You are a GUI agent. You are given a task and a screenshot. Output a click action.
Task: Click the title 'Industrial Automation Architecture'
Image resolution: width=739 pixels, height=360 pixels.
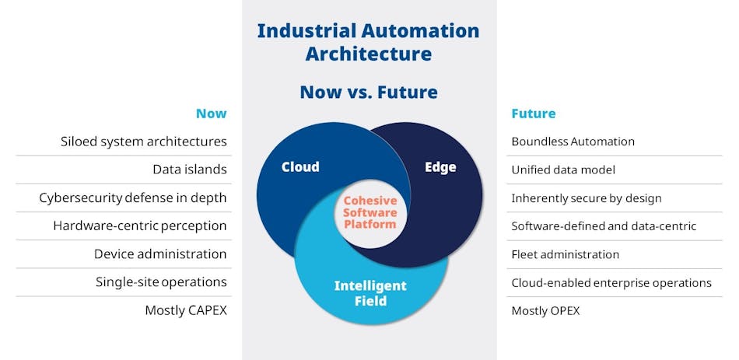pos(369,42)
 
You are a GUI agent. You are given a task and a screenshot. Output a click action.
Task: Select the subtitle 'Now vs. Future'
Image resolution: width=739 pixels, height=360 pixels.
pos(369,93)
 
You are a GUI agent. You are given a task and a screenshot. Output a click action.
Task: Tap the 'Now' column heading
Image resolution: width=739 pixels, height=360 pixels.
pos(211,114)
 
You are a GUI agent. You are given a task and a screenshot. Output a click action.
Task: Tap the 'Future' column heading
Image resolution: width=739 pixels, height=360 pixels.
pos(533,114)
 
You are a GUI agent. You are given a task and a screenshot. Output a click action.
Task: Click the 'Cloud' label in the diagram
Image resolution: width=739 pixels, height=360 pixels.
pos(300,166)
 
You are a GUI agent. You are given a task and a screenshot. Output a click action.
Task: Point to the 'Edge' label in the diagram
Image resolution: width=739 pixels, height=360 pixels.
pos(440,166)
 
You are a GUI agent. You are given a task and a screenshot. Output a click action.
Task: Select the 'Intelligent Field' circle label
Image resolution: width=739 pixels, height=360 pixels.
pos(370,293)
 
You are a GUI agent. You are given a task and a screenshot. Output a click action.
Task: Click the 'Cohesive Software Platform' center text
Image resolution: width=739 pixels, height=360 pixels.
pos(370,212)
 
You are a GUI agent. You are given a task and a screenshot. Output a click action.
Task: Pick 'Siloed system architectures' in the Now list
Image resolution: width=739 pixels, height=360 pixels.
pos(144,142)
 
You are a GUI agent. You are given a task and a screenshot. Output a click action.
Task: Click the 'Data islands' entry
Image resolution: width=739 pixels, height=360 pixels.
pos(189,170)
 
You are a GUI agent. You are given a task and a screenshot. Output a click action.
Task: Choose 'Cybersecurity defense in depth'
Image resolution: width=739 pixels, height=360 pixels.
pos(133,197)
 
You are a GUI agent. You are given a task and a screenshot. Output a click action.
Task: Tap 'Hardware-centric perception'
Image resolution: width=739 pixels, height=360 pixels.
pos(140,226)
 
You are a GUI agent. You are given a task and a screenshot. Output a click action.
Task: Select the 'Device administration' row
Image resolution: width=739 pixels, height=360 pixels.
pos(160,254)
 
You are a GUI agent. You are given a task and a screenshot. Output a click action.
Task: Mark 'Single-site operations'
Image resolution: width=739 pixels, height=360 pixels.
pos(161,282)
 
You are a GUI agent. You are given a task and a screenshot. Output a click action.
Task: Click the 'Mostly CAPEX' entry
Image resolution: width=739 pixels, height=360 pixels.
pos(186,310)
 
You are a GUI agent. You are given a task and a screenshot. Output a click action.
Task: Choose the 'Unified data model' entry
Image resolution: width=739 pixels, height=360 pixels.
pos(563,170)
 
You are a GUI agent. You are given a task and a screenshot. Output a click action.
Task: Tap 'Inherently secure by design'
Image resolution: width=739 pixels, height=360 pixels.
pos(587,197)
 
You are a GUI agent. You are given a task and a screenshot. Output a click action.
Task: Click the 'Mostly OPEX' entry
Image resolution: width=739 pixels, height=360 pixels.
pos(545,310)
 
